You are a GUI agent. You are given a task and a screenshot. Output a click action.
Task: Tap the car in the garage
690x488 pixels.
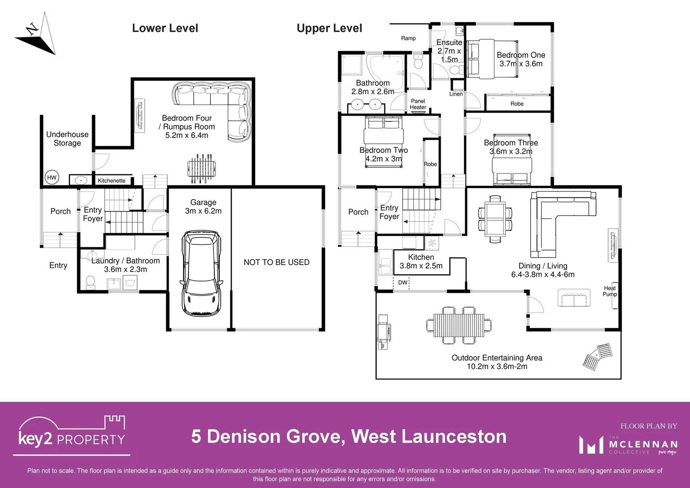tap(201, 274)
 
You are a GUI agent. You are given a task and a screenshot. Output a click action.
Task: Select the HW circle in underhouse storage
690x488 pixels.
tap(52, 178)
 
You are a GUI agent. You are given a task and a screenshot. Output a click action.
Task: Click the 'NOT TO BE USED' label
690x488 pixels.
tap(276, 262)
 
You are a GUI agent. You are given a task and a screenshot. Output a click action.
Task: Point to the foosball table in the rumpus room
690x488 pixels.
tap(199, 169)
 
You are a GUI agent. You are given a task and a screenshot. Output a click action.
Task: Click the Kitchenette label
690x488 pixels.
tap(112, 181)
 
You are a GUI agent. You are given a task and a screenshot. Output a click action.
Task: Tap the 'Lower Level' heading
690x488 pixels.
tap(165, 28)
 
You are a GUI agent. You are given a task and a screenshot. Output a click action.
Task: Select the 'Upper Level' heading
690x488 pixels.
tap(329, 28)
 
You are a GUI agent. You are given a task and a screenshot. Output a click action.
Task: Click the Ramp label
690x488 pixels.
tap(408, 38)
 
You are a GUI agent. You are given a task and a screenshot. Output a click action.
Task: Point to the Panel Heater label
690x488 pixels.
tap(418, 104)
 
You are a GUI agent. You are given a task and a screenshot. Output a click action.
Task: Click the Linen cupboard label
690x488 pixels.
tap(456, 94)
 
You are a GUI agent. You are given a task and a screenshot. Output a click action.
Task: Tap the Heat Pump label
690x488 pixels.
tap(610, 291)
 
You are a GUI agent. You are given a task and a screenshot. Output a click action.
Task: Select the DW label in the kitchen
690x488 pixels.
tap(403, 282)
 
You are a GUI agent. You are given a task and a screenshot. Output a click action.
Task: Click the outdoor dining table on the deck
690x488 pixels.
tap(459, 325)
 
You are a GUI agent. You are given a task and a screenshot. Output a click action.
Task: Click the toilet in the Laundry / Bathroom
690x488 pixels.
tap(90, 282)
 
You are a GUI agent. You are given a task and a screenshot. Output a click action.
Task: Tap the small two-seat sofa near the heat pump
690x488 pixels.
tap(574, 298)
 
